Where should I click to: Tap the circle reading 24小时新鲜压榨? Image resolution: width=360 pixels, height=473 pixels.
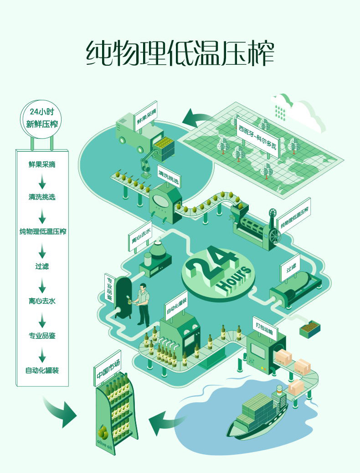41,119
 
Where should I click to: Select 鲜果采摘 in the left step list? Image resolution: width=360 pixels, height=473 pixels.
42,164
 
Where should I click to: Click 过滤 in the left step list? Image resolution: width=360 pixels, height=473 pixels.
42,266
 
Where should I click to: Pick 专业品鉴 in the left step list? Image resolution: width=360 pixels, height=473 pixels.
42,335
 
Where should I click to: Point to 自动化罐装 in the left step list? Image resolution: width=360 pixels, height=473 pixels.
42,370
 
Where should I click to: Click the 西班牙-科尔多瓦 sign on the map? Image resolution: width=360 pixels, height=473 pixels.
257,136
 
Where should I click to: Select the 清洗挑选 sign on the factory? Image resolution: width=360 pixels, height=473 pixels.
169,177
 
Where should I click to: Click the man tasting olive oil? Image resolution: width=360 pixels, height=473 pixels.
142,305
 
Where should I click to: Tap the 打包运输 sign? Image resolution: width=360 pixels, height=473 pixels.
264,328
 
